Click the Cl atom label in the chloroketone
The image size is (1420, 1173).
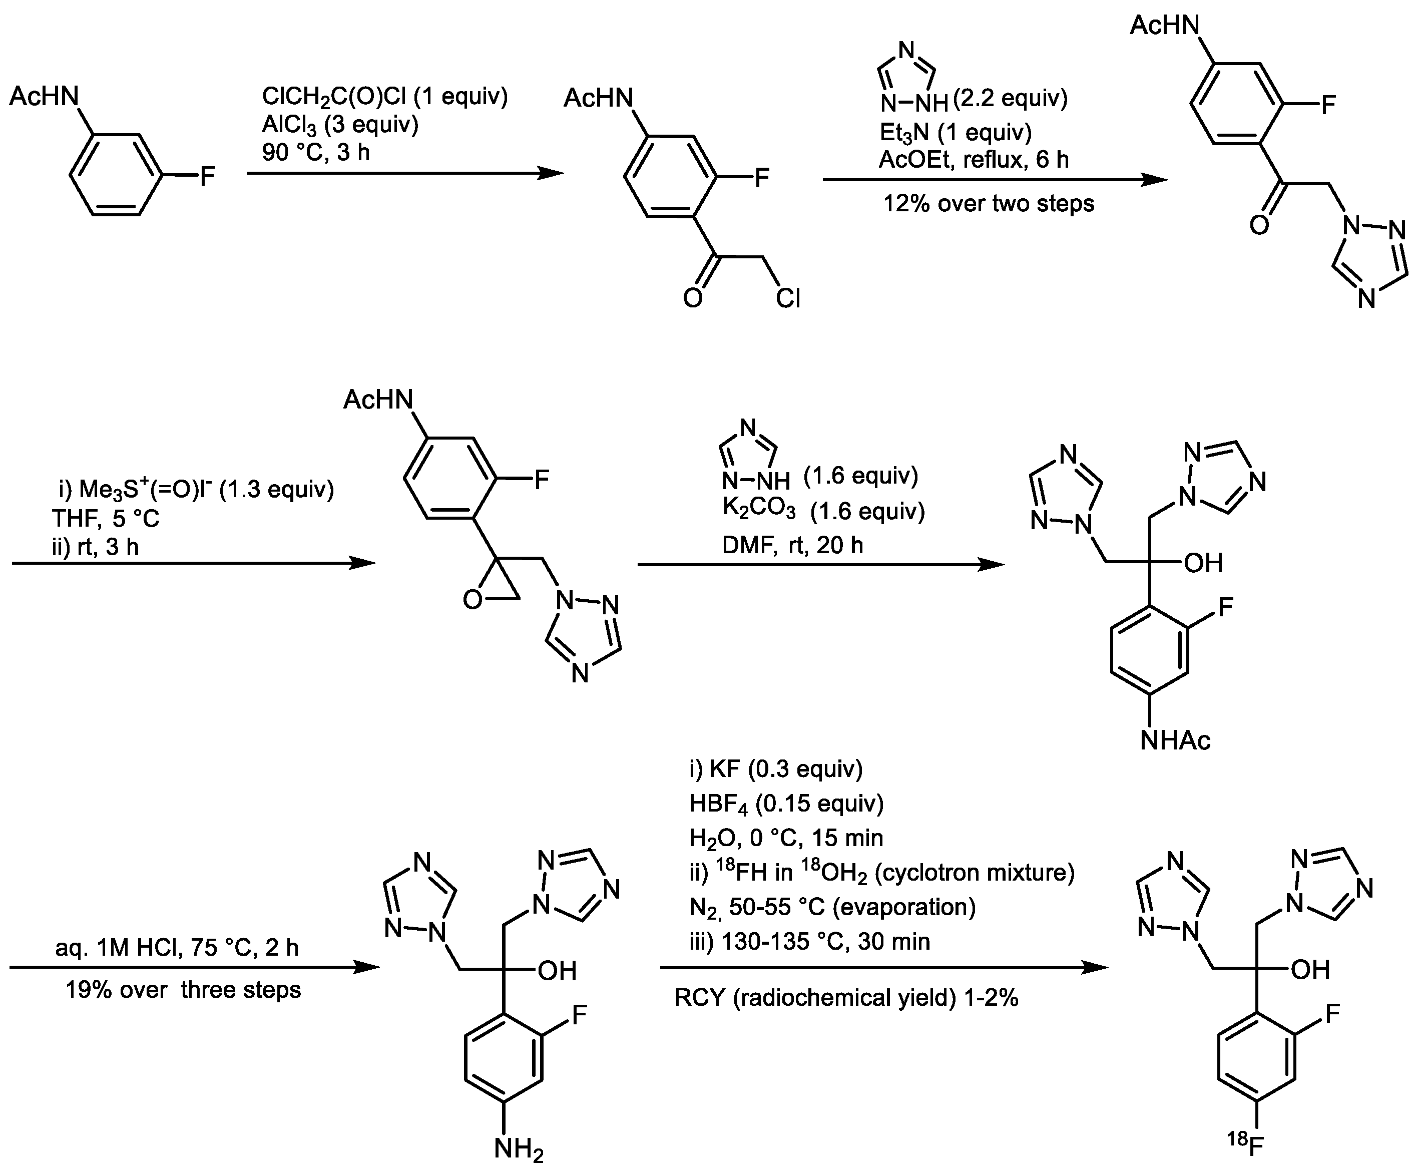pyautogui.click(x=788, y=297)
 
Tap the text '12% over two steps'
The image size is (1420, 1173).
pyautogui.click(x=989, y=203)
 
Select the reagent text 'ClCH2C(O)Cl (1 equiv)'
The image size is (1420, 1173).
pyautogui.click(x=384, y=97)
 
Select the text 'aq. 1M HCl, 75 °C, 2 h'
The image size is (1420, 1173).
pyautogui.click(x=177, y=948)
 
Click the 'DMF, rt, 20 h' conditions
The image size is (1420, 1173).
pyautogui.click(x=792, y=545)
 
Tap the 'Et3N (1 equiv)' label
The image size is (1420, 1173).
pyautogui.click(x=955, y=133)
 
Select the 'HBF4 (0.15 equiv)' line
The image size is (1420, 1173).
pyautogui.click(x=786, y=804)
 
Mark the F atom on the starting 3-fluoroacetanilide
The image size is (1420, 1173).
pyautogui.click(x=207, y=177)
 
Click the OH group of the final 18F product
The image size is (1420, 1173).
pyautogui.click(x=1310, y=970)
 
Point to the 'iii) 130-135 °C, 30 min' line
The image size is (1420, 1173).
pyautogui.click(x=809, y=941)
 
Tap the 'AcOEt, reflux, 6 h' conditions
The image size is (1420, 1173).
pyautogui.click(x=974, y=160)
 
